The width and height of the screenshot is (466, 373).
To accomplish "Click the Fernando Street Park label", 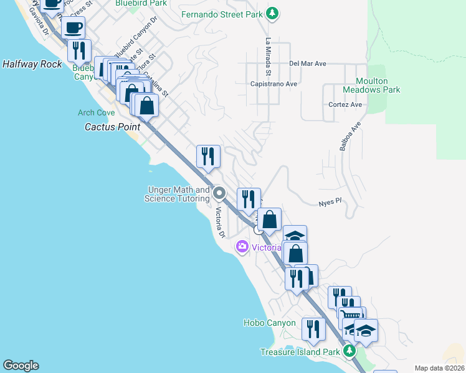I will coord(222,14).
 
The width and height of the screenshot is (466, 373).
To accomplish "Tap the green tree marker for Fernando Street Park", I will coord(272,13).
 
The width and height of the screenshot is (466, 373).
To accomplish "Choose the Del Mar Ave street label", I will coord(307,63).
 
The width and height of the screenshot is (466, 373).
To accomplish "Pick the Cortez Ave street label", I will coord(345,104).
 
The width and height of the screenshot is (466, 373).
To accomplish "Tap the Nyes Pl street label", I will coord(330,201).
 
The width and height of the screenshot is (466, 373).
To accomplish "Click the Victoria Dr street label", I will coord(219,223).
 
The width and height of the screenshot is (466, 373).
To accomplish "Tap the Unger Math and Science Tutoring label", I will coord(177,194).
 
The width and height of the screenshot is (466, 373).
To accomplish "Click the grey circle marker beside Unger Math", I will coord(219,193).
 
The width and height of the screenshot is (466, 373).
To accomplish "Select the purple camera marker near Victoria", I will coord(242,247).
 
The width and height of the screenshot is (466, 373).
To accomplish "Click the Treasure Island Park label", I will coord(300,352).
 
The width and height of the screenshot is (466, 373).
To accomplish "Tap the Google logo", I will coord(21,366).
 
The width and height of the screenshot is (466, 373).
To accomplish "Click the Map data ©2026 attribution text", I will coord(439,368).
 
